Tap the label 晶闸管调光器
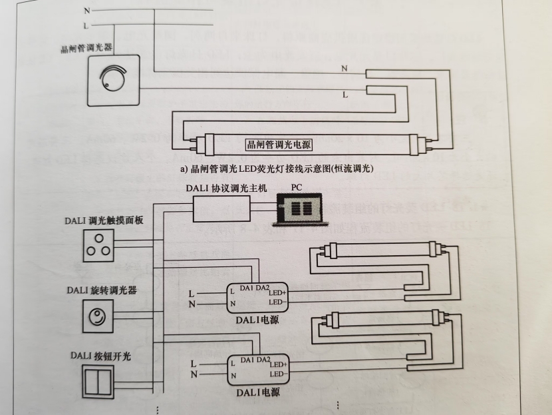84,49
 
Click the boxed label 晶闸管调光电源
279,144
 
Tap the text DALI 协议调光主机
226,189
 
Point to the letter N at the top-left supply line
86,11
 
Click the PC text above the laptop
296,189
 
